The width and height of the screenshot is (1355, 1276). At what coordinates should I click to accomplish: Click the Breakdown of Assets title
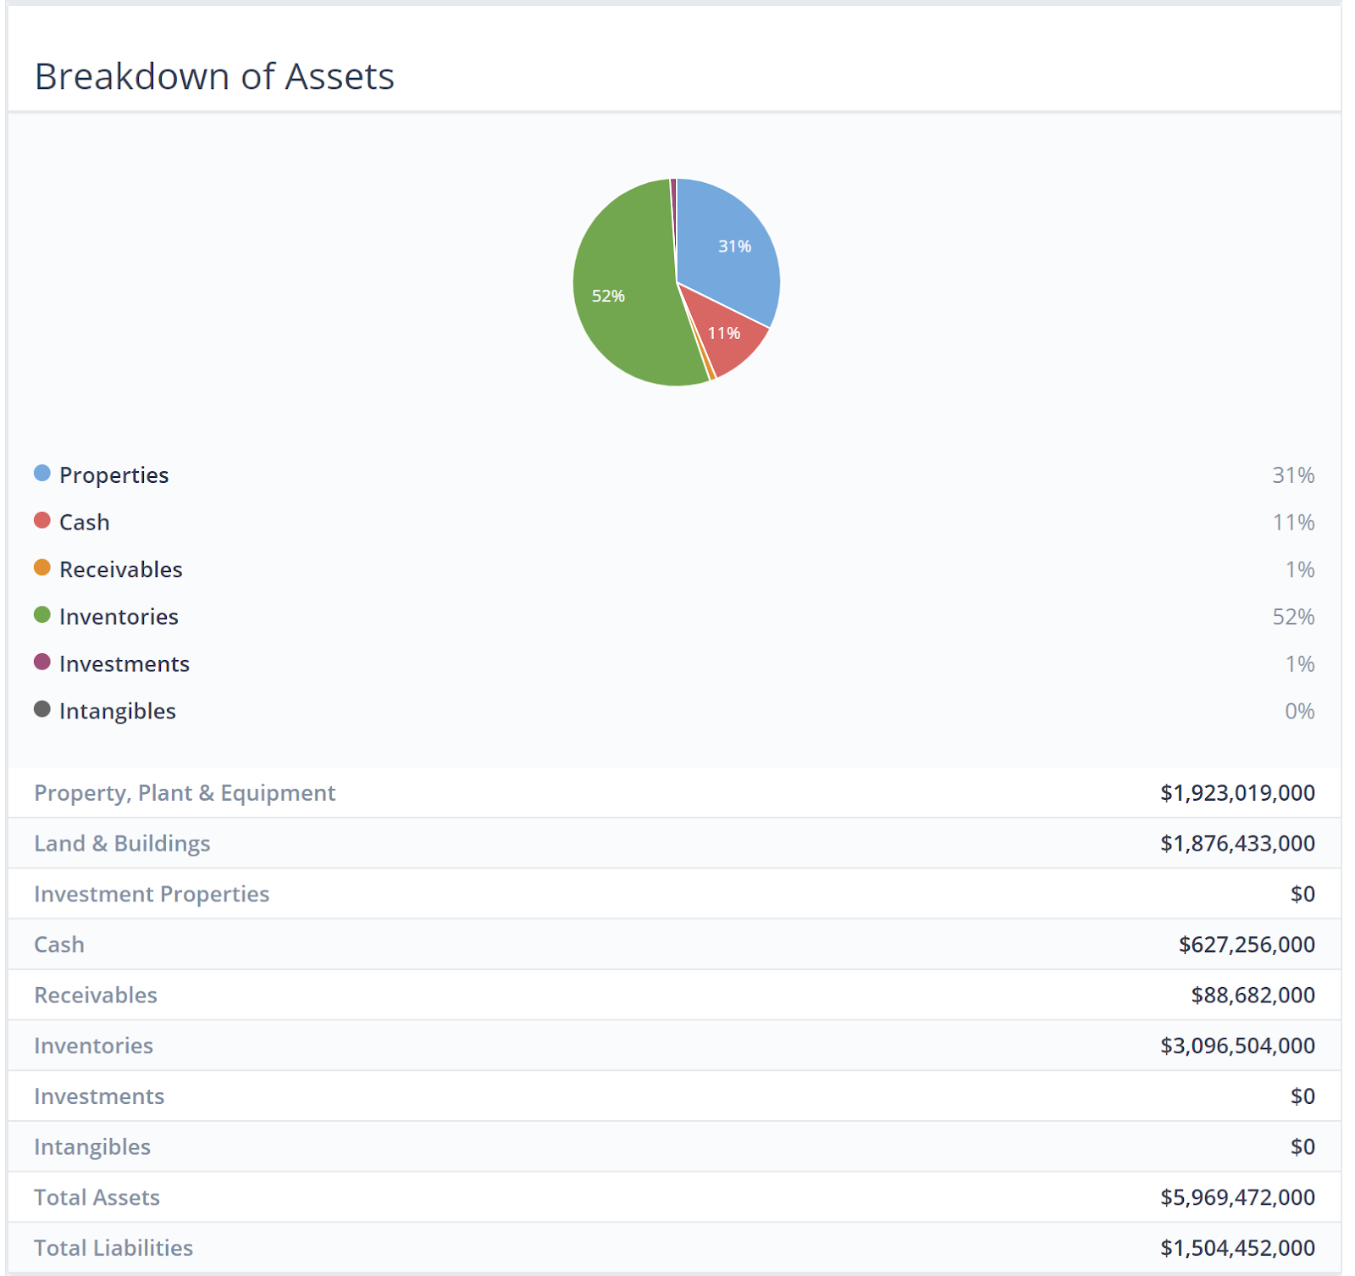[x=214, y=76]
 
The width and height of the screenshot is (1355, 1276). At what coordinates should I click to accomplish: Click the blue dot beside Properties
[x=42, y=473]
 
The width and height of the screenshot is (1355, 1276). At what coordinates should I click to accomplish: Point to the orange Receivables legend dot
[x=42, y=568]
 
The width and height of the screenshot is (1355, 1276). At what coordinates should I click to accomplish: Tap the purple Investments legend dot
[x=42, y=662]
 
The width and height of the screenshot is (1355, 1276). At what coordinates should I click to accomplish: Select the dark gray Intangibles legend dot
[x=42, y=709]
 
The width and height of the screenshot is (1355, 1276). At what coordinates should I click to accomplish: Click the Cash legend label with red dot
[x=85, y=522]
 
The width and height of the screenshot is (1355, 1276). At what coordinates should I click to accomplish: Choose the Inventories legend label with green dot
[x=119, y=617]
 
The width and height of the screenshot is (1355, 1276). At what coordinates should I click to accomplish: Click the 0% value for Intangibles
[x=1299, y=711]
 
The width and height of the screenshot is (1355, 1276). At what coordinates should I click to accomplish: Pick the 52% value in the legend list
[x=1293, y=617]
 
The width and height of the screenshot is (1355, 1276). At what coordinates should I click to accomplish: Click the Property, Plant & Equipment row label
[x=185, y=793]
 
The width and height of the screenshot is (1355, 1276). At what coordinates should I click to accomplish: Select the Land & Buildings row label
[x=122, y=844]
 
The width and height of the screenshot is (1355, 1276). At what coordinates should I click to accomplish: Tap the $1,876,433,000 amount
[x=1237, y=844]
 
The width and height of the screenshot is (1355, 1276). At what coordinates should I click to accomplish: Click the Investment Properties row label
[x=152, y=894]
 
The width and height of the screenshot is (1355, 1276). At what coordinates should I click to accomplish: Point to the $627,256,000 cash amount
[x=1247, y=945]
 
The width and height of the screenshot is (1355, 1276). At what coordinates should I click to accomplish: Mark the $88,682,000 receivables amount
[x=1253, y=996]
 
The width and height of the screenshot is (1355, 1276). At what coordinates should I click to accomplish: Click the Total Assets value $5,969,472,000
[x=1237, y=1197]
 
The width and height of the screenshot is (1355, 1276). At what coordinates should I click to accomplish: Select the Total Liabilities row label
[x=113, y=1248]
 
